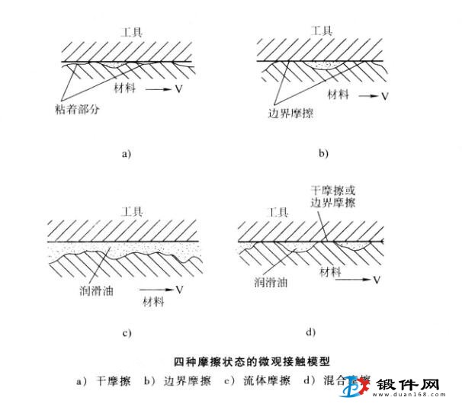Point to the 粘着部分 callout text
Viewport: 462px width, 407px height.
pos(78,109)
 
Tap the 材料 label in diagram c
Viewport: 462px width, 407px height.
pos(153,303)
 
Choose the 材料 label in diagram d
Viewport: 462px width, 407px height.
pos(331,272)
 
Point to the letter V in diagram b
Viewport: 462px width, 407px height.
pos(384,96)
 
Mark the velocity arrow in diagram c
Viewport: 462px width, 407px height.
pos(159,290)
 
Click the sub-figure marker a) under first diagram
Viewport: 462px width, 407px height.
pos(127,153)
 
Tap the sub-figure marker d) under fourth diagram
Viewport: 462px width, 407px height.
pos(311,332)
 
